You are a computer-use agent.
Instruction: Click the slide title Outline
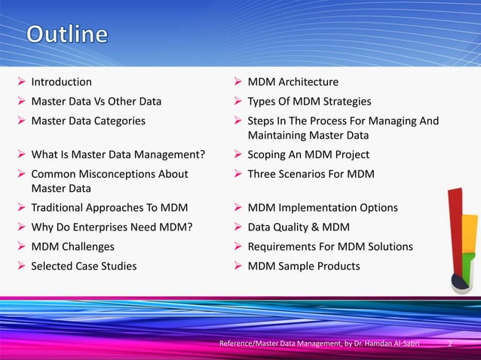click(67, 35)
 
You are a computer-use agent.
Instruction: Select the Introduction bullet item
click(61, 81)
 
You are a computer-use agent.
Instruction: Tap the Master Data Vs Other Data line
click(96, 101)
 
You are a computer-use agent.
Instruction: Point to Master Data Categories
click(88, 120)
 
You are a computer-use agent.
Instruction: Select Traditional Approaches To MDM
click(109, 207)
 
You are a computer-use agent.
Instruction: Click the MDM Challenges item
click(72, 246)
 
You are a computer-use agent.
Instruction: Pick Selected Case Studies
click(84, 266)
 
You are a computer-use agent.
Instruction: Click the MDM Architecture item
click(293, 81)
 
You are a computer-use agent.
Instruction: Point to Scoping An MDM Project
click(308, 155)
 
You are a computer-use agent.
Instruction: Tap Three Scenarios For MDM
click(311, 174)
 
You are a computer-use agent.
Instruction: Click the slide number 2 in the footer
click(449, 344)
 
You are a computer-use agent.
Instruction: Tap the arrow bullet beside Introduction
click(21, 81)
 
